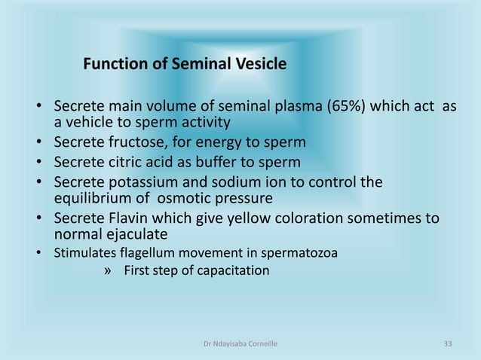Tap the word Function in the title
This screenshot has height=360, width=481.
pyautogui.click(x=115, y=64)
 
